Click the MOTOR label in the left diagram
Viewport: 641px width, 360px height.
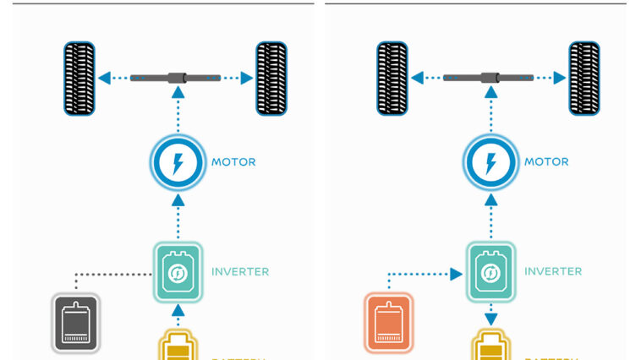click(233, 162)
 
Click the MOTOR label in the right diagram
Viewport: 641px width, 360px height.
click(546, 162)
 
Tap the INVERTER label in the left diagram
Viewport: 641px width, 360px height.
click(240, 272)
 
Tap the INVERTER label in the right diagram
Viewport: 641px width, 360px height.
click(553, 272)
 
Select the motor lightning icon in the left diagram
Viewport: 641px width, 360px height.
click(178, 162)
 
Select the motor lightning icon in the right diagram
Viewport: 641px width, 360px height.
click(490, 162)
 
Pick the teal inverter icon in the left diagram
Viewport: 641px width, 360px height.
click(178, 272)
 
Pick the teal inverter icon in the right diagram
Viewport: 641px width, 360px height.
click(490, 272)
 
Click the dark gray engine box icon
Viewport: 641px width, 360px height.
click(76, 322)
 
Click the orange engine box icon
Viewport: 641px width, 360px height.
click(389, 322)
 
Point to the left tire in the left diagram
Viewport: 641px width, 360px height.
click(80, 79)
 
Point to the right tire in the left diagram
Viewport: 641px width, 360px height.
click(271, 79)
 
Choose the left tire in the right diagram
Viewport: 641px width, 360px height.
click(393, 79)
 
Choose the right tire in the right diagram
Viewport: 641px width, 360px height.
click(584, 79)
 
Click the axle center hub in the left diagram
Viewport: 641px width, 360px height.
click(177, 79)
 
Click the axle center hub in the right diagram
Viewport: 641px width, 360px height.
click(490, 79)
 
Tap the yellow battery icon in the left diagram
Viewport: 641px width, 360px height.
click(178, 346)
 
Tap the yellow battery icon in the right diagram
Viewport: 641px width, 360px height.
click(490, 346)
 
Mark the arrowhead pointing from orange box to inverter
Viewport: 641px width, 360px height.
click(457, 274)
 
